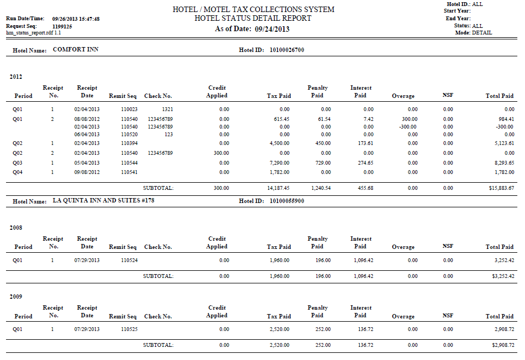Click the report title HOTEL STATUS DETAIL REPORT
pyautogui.click(x=253, y=18)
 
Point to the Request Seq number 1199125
pyautogui.click(x=62, y=26)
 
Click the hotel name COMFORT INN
pyautogui.click(x=75, y=50)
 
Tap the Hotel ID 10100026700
pyautogui.click(x=287, y=50)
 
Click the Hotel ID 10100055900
pyautogui.click(x=287, y=201)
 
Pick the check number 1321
pyautogui.click(x=167, y=109)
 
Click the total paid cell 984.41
pyautogui.click(x=504, y=119)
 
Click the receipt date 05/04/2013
pyautogui.click(x=87, y=162)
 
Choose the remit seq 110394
pyautogui.click(x=129, y=143)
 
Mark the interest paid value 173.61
pyautogui.click(x=364, y=143)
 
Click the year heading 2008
pyautogui.click(x=16, y=227)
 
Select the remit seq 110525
pyautogui.click(x=129, y=329)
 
